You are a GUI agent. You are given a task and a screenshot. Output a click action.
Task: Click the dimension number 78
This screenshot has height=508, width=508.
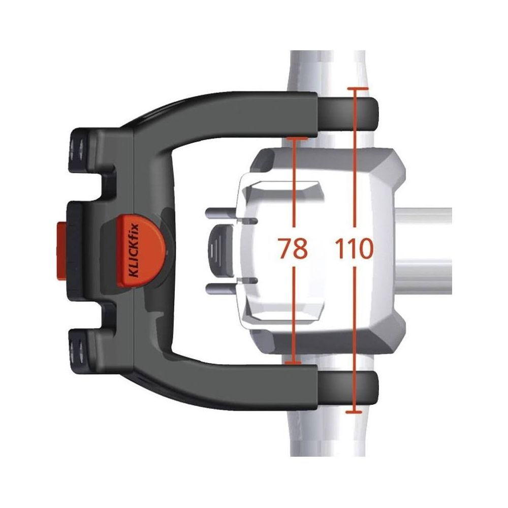click(293, 248)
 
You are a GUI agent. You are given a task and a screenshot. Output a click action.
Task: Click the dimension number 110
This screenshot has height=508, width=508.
click(354, 248)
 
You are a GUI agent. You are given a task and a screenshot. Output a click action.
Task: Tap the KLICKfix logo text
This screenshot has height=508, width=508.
click(134, 250)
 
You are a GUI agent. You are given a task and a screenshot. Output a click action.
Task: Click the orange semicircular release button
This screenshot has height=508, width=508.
click(140, 250)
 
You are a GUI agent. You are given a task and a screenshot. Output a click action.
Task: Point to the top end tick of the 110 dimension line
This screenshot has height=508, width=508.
click(358, 88)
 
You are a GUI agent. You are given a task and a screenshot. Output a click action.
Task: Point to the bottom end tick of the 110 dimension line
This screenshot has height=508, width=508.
click(354, 412)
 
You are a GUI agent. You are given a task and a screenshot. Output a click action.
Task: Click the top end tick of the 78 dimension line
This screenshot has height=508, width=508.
click(297, 138)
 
